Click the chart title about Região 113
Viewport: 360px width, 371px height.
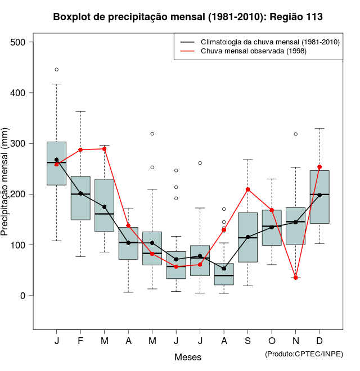tap(188, 17)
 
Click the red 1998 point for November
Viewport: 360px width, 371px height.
tap(295, 278)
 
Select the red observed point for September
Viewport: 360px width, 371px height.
tap(247, 189)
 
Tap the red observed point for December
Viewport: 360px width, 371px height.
tap(319, 167)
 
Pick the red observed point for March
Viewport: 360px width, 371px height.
tap(105, 149)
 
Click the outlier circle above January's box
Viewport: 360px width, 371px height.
tap(57, 70)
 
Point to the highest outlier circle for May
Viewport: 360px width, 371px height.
tap(152, 134)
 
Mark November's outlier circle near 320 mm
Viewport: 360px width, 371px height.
tap(295, 134)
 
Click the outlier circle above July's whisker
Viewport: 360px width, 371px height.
tap(200, 163)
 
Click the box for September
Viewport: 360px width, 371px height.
tap(247, 237)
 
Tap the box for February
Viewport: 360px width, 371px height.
tap(80, 198)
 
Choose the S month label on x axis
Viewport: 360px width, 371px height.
tap(247, 342)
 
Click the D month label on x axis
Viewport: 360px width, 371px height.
tap(319, 342)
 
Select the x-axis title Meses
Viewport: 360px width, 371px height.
tap(188, 357)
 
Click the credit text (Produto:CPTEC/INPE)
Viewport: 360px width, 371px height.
tap(304, 354)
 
